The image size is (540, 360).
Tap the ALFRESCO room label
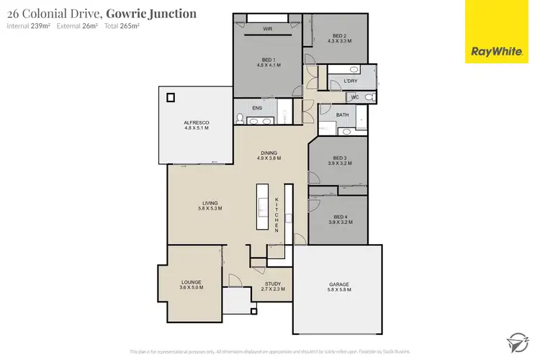pyautogui.click(x=196, y=125)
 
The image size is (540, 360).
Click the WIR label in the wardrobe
pyautogui.click(x=267, y=29)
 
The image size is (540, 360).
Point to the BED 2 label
pyautogui.click(x=339, y=38)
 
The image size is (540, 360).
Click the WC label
pyautogui.click(x=354, y=96)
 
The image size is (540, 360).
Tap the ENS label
pyautogui.click(x=257, y=109)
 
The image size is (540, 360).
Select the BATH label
pyautogui.click(x=342, y=115)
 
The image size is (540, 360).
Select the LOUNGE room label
pyautogui.click(x=192, y=284)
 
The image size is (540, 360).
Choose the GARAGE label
pyautogui.click(x=338, y=287)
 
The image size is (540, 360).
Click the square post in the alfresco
pyautogui.click(x=171, y=98)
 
